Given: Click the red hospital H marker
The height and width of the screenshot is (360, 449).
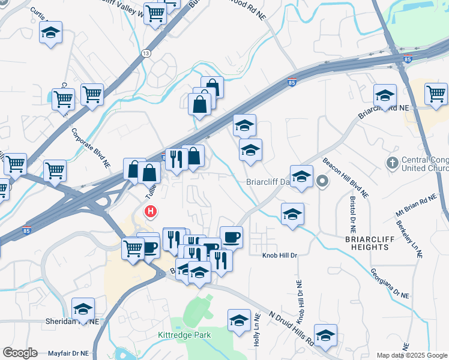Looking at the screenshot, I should pyautogui.click(x=151, y=212).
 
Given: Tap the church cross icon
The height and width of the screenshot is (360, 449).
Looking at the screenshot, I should pyautogui.click(x=392, y=163).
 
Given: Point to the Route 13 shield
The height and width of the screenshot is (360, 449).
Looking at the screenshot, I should pyautogui.click(x=146, y=53).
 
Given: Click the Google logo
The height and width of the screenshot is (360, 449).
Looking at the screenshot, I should pyautogui.click(x=20, y=353).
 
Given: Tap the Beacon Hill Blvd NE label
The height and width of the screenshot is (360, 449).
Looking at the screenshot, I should pyautogui.click(x=346, y=178).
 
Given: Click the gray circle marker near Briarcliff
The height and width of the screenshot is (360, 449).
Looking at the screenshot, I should pyautogui.click(x=322, y=181).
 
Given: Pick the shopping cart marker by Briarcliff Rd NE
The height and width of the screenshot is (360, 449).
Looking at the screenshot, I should pyautogui.click(x=436, y=94).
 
